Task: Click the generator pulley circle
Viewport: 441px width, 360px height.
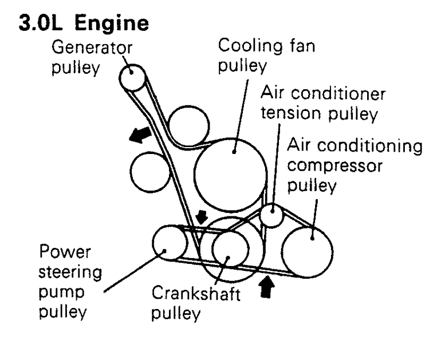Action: [131, 76]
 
